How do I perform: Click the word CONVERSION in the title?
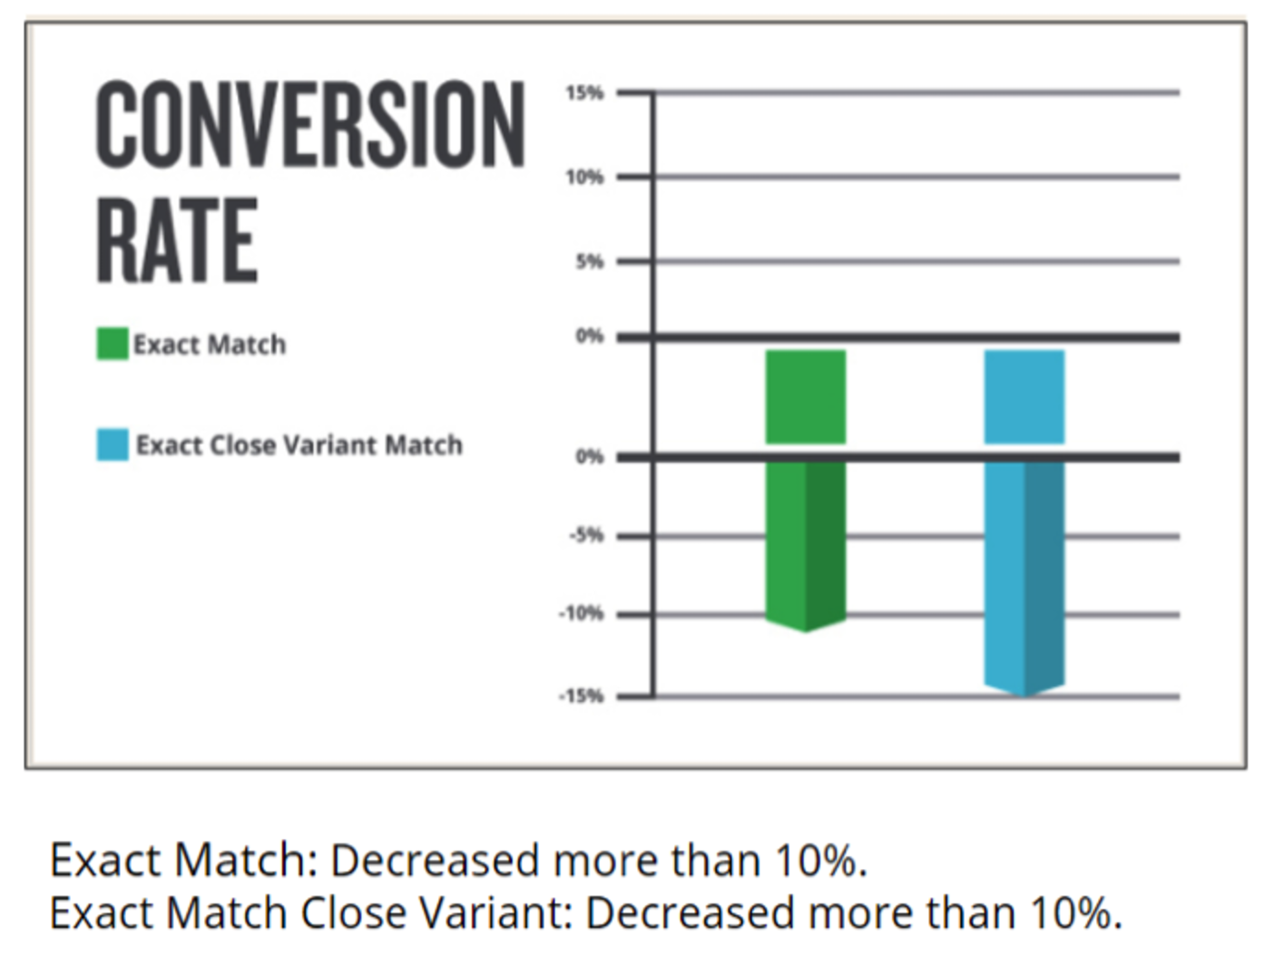click(310, 125)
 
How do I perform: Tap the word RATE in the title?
click(176, 239)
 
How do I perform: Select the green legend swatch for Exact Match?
click(112, 344)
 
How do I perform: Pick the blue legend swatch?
click(112, 445)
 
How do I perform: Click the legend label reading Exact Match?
click(210, 345)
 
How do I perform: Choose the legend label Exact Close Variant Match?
click(299, 445)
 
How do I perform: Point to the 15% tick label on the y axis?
click(585, 93)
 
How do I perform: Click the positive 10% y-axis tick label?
click(585, 178)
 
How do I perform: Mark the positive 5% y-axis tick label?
click(590, 262)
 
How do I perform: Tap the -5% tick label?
click(587, 535)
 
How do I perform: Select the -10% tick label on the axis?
click(582, 614)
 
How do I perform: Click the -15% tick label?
click(582, 696)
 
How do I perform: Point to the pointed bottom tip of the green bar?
click(806, 631)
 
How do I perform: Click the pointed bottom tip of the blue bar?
click(1024, 695)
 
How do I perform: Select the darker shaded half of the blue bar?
click(1044, 574)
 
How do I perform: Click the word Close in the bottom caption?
click(353, 912)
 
